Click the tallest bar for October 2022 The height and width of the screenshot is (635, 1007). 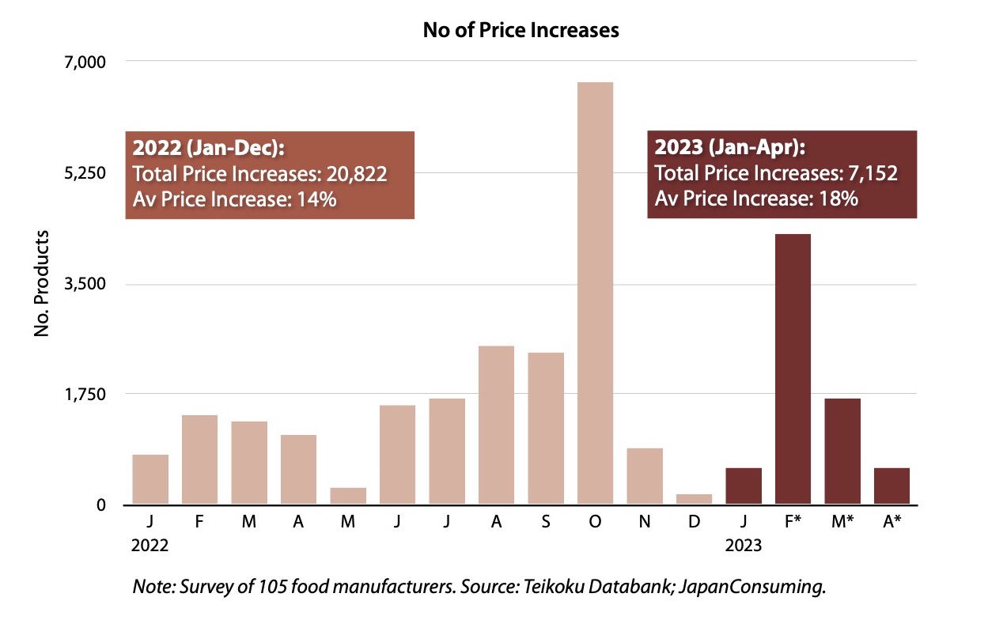pyautogui.click(x=595, y=293)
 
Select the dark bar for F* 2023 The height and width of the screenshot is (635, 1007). pyautogui.click(x=793, y=369)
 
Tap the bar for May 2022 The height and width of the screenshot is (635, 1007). pyautogui.click(x=348, y=496)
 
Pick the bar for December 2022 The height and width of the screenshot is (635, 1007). pyautogui.click(x=694, y=499)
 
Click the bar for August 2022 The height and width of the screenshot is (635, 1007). pyautogui.click(x=496, y=425)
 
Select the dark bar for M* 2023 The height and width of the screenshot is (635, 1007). pyautogui.click(x=842, y=451)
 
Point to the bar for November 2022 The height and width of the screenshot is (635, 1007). pyautogui.click(x=645, y=476)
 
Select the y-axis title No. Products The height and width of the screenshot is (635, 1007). pyautogui.click(x=43, y=283)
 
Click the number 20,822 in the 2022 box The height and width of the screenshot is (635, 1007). pyautogui.click(x=357, y=174)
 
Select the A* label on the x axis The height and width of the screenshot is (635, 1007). pyautogui.click(x=892, y=523)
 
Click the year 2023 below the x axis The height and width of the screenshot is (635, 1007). pyautogui.click(x=743, y=546)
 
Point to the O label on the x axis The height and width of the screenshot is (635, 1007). pyautogui.click(x=595, y=523)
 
